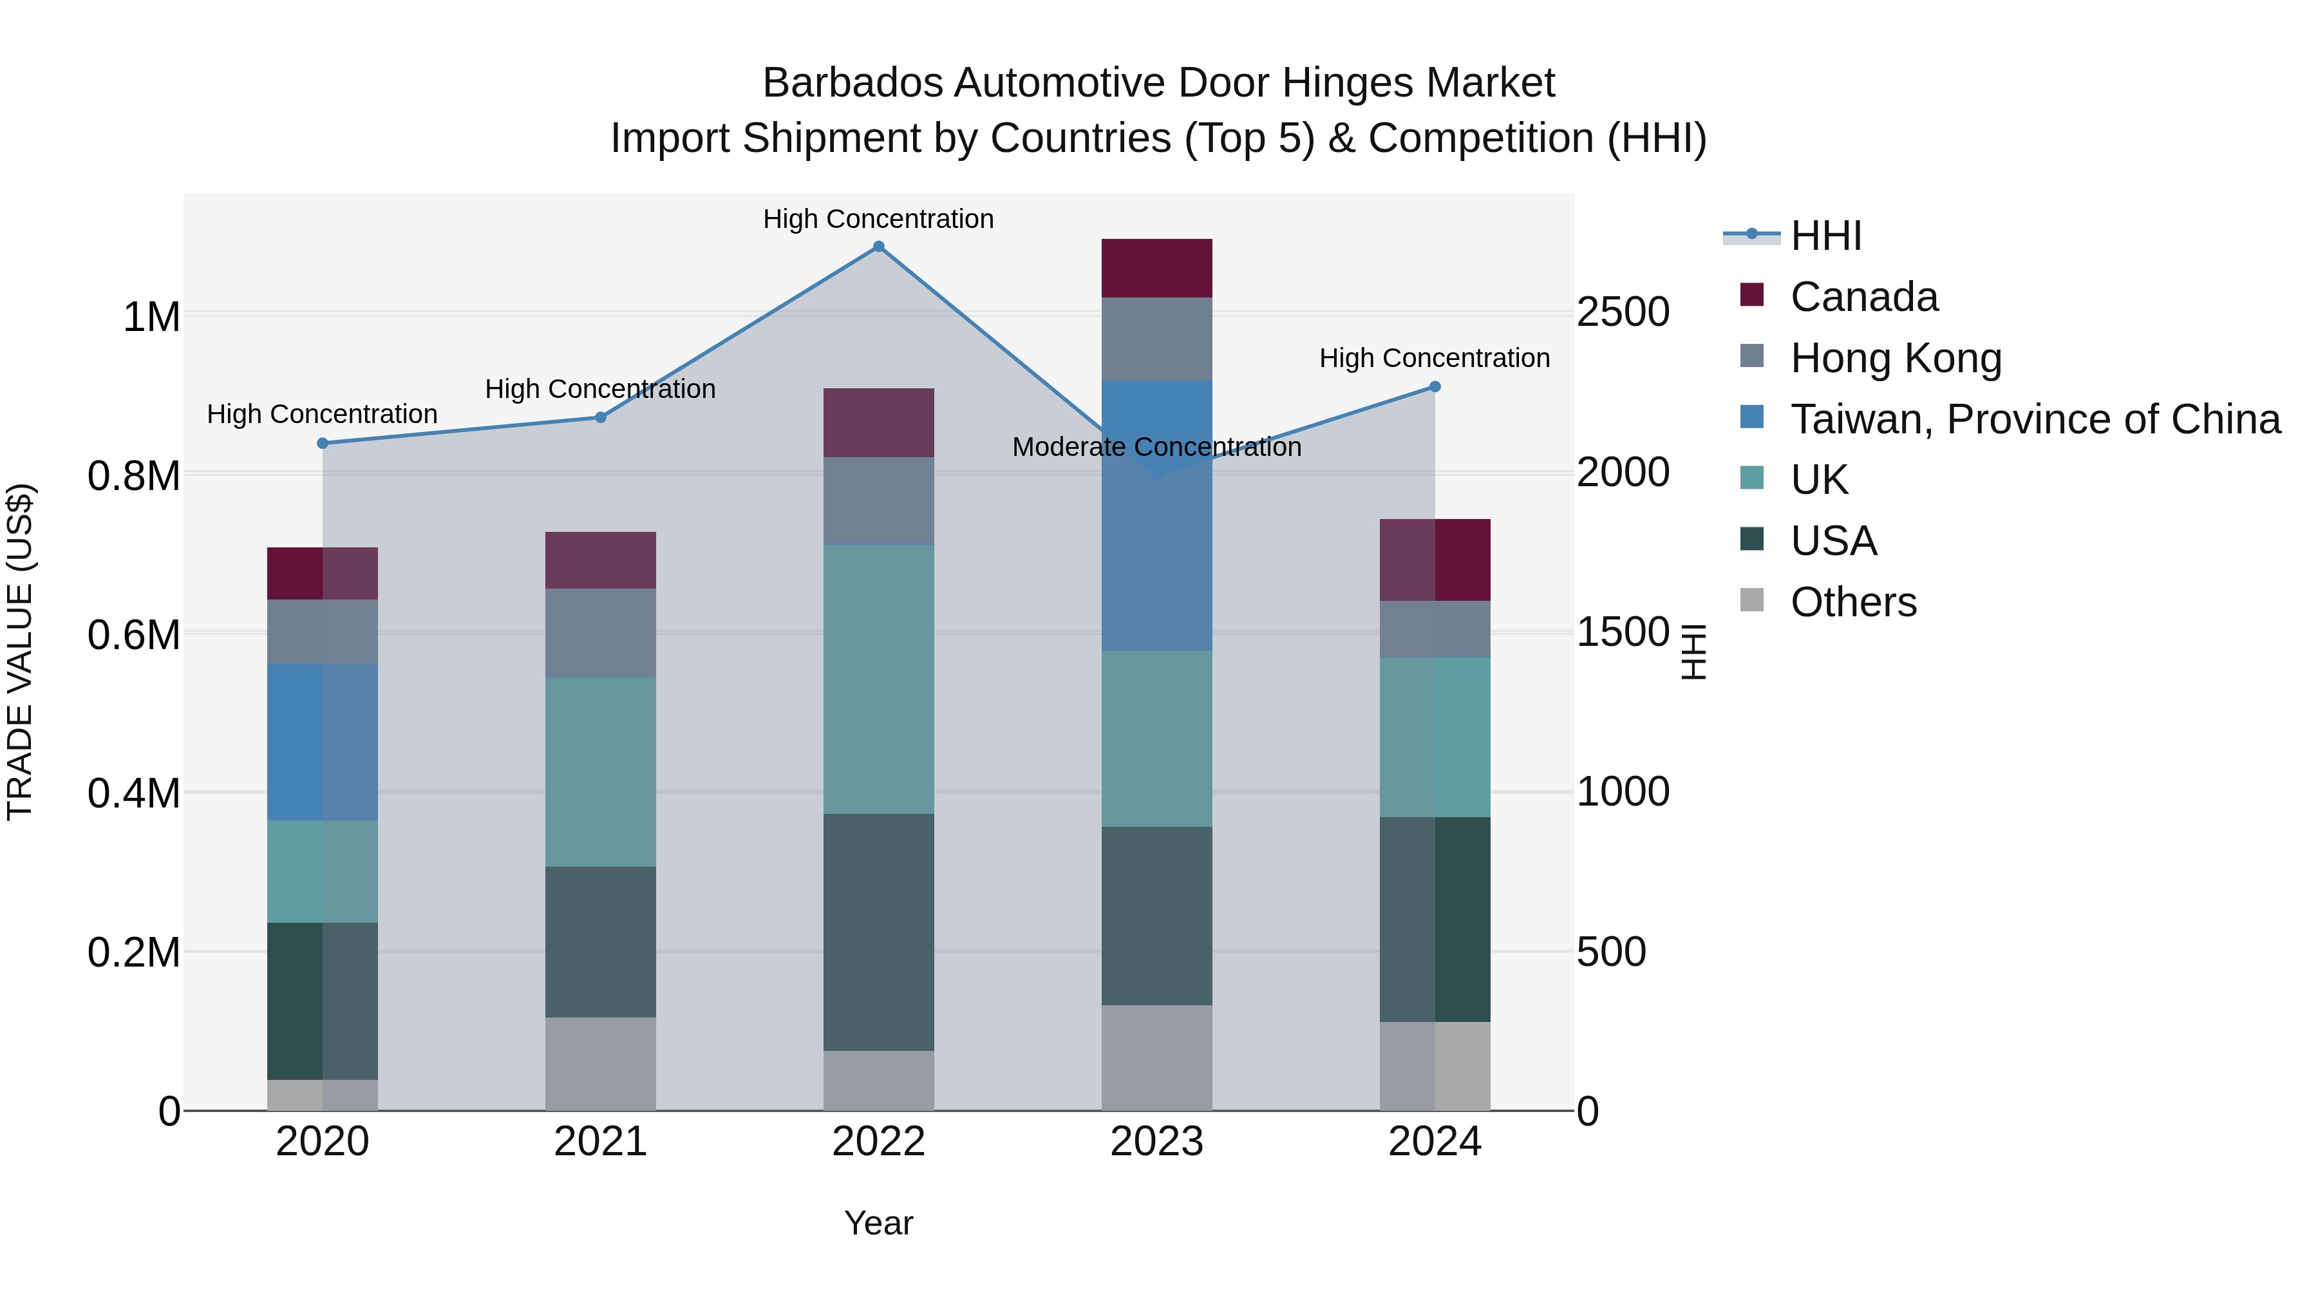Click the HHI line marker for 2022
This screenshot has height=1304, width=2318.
[878, 247]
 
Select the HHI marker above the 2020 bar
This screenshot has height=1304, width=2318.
[322, 443]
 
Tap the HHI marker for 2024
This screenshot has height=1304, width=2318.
[1435, 387]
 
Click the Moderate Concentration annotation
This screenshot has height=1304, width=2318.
[1156, 448]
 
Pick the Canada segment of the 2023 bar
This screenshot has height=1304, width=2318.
[1156, 268]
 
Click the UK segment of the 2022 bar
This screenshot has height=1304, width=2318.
[878, 679]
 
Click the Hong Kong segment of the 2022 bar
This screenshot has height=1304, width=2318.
[878, 500]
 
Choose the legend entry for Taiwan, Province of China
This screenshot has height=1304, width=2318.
[2033, 419]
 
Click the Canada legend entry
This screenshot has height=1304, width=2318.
[1863, 297]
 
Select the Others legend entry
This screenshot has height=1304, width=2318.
[1852, 602]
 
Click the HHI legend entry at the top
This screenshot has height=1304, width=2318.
[1825, 236]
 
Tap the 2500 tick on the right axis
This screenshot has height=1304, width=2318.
[1623, 312]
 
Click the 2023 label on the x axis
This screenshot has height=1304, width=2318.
[1156, 1142]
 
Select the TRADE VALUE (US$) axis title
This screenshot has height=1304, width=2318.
[20, 652]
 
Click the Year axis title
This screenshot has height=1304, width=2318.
[878, 1223]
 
